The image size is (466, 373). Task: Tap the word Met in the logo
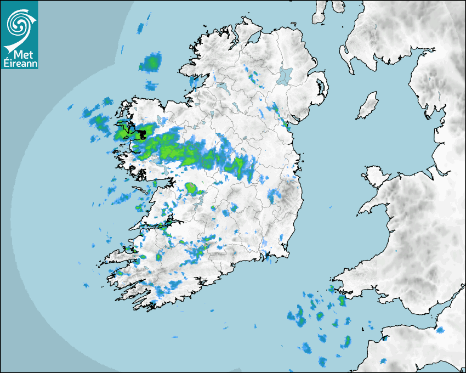pyautogui.click(x=21, y=54)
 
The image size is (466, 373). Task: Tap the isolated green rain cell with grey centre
pyautogui.click(x=191, y=188)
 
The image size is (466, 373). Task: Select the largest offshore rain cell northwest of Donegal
pyautogui.click(x=150, y=63)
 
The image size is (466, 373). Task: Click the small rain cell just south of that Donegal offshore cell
pyautogui.click(x=151, y=86)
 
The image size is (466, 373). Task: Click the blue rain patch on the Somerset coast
pyautogui.click(x=440, y=330)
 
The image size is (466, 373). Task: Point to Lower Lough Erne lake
pyautogui.click(x=222, y=86)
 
